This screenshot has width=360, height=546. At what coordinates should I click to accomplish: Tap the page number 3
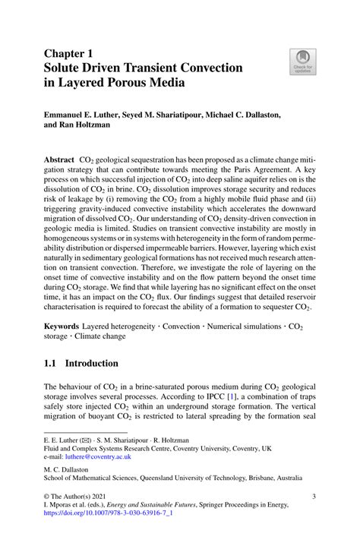click(x=314, y=497)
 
